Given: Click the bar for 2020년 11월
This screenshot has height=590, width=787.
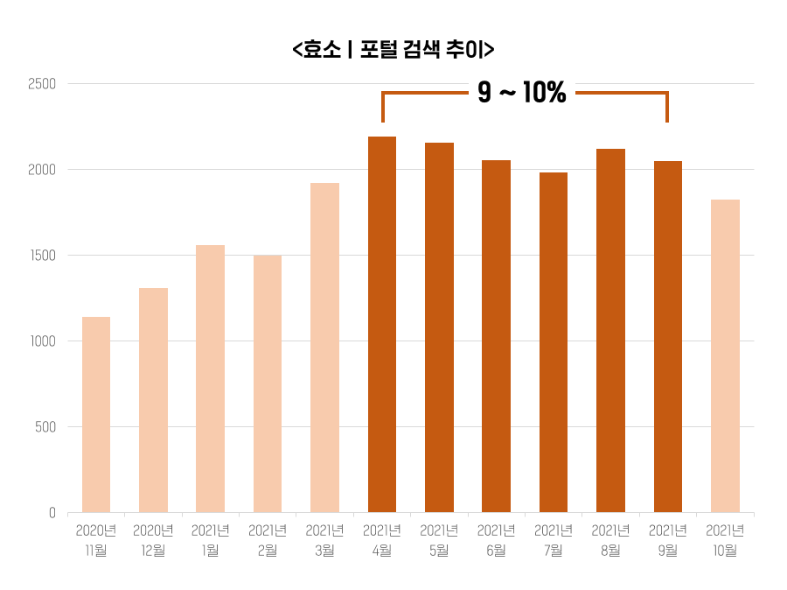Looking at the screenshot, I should coord(96,414).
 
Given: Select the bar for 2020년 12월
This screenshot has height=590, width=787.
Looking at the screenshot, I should coord(153,400).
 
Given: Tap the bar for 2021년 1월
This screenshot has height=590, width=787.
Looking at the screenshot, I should coord(210,378).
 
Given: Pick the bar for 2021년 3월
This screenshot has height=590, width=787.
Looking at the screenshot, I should coord(324,348).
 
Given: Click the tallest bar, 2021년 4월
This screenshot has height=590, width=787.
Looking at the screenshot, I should coord(382,324).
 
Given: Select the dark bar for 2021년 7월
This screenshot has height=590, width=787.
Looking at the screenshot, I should coord(554,342).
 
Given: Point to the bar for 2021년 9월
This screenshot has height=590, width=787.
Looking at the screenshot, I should coord(668,336).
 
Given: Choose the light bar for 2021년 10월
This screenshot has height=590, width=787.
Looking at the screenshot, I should coord(725,355).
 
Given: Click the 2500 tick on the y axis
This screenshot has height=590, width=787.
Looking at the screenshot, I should coord(41,84).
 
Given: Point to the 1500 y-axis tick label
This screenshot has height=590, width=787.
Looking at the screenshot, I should coord(41,256).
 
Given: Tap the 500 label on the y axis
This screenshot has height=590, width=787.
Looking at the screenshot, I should coord(45,427).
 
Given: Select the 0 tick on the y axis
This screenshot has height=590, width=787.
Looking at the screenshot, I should coord(52,513).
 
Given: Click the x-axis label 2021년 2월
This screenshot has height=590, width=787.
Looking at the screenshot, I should coord(268,540).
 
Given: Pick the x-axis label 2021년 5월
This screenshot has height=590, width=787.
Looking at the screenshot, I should coord(439,540).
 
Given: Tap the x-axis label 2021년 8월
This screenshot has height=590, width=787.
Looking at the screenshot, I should coord(610,540).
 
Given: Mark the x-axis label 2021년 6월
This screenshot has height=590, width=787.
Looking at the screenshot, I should coord(496,540).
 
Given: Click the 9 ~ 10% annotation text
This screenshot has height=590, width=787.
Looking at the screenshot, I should coord(522,93).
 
